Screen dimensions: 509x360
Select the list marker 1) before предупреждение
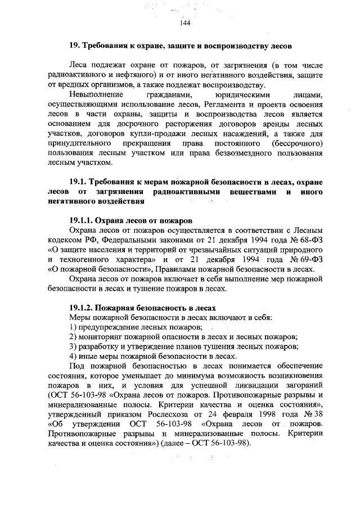tap(73, 327)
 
